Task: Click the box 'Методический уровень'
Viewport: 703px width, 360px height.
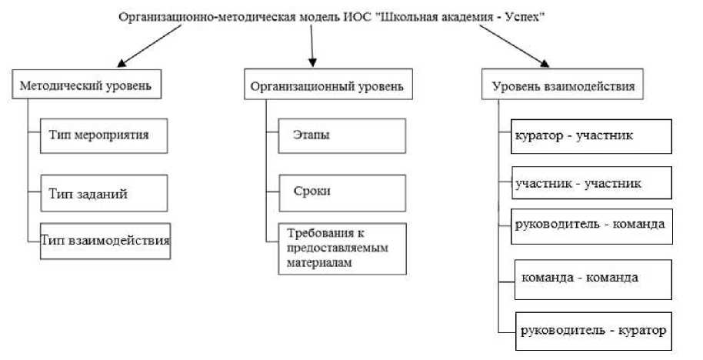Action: click(90, 86)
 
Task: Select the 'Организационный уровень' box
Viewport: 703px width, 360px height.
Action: click(327, 86)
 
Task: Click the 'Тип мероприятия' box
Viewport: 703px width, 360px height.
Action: click(104, 135)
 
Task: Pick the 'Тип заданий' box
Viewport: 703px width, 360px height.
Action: click(104, 194)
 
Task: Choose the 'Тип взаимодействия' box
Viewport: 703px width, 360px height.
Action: click(105, 240)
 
